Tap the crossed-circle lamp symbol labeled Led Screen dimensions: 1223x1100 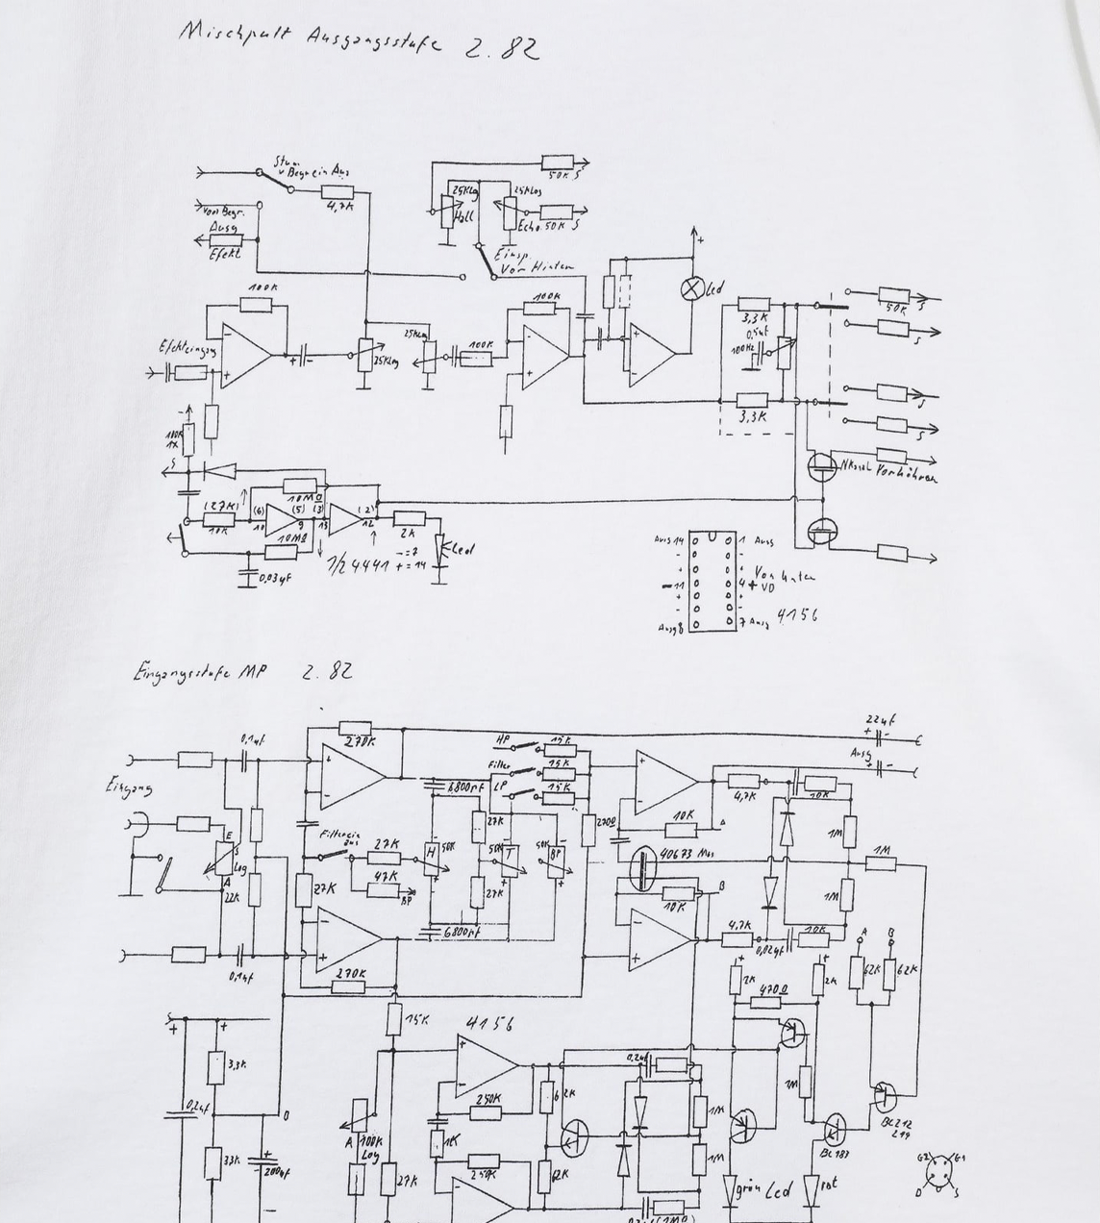coord(691,288)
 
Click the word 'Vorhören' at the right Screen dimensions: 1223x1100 coord(906,474)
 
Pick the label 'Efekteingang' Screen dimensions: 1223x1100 coord(187,348)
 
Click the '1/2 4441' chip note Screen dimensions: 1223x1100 coord(359,564)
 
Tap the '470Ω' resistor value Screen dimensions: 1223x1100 coord(773,989)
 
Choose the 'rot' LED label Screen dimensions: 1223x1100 coord(829,1184)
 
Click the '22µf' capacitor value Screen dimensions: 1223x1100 coord(880,719)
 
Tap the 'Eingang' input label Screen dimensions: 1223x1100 coord(129,788)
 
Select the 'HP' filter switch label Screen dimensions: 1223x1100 coord(502,739)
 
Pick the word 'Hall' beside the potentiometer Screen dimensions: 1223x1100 coord(463,217)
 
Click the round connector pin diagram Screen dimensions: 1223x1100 coord(941,1174)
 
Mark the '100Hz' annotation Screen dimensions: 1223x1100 coord(742,349)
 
